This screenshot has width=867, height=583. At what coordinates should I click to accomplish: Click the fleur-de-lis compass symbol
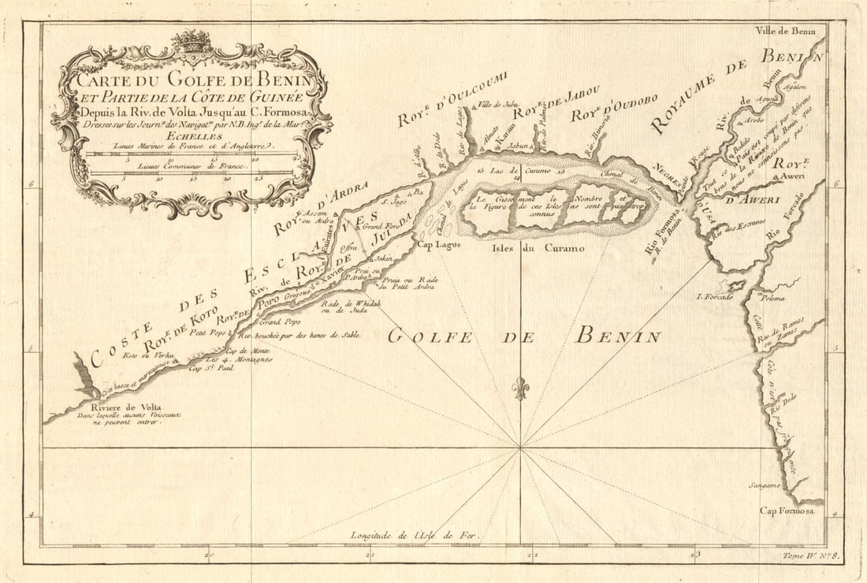click(519, 388)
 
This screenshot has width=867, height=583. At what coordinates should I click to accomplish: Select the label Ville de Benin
click(785, 32)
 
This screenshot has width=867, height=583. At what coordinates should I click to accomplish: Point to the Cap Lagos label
click(438, 245)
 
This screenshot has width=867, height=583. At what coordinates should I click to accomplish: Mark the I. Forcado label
click(714, 297)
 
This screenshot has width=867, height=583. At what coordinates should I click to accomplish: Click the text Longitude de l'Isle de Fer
click(415, 536)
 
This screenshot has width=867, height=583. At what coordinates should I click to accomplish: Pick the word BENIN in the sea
click(617, 336)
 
